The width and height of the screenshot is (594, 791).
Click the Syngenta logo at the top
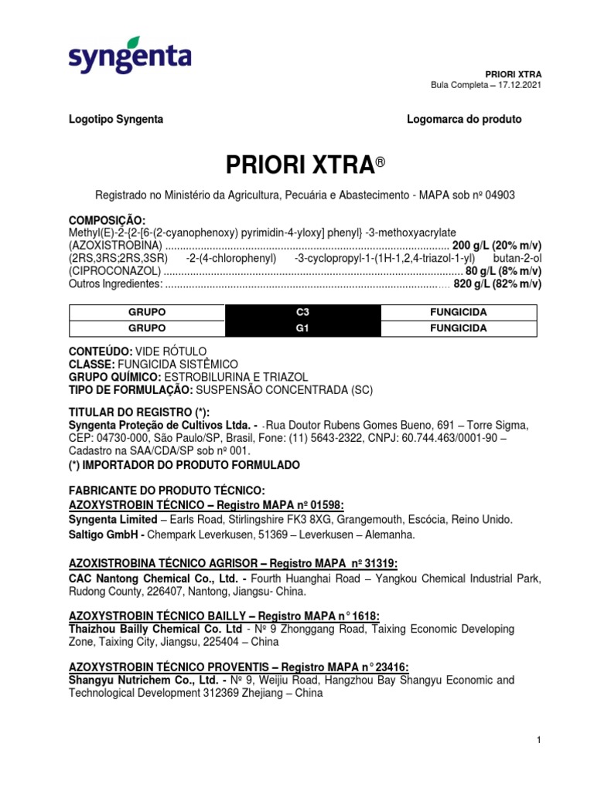(129, 56)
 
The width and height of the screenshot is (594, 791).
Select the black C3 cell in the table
(302, 313)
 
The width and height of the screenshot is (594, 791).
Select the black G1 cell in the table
(302, 328)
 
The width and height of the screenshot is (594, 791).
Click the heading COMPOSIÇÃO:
(107, 220)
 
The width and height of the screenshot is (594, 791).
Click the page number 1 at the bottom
(538, 741)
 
